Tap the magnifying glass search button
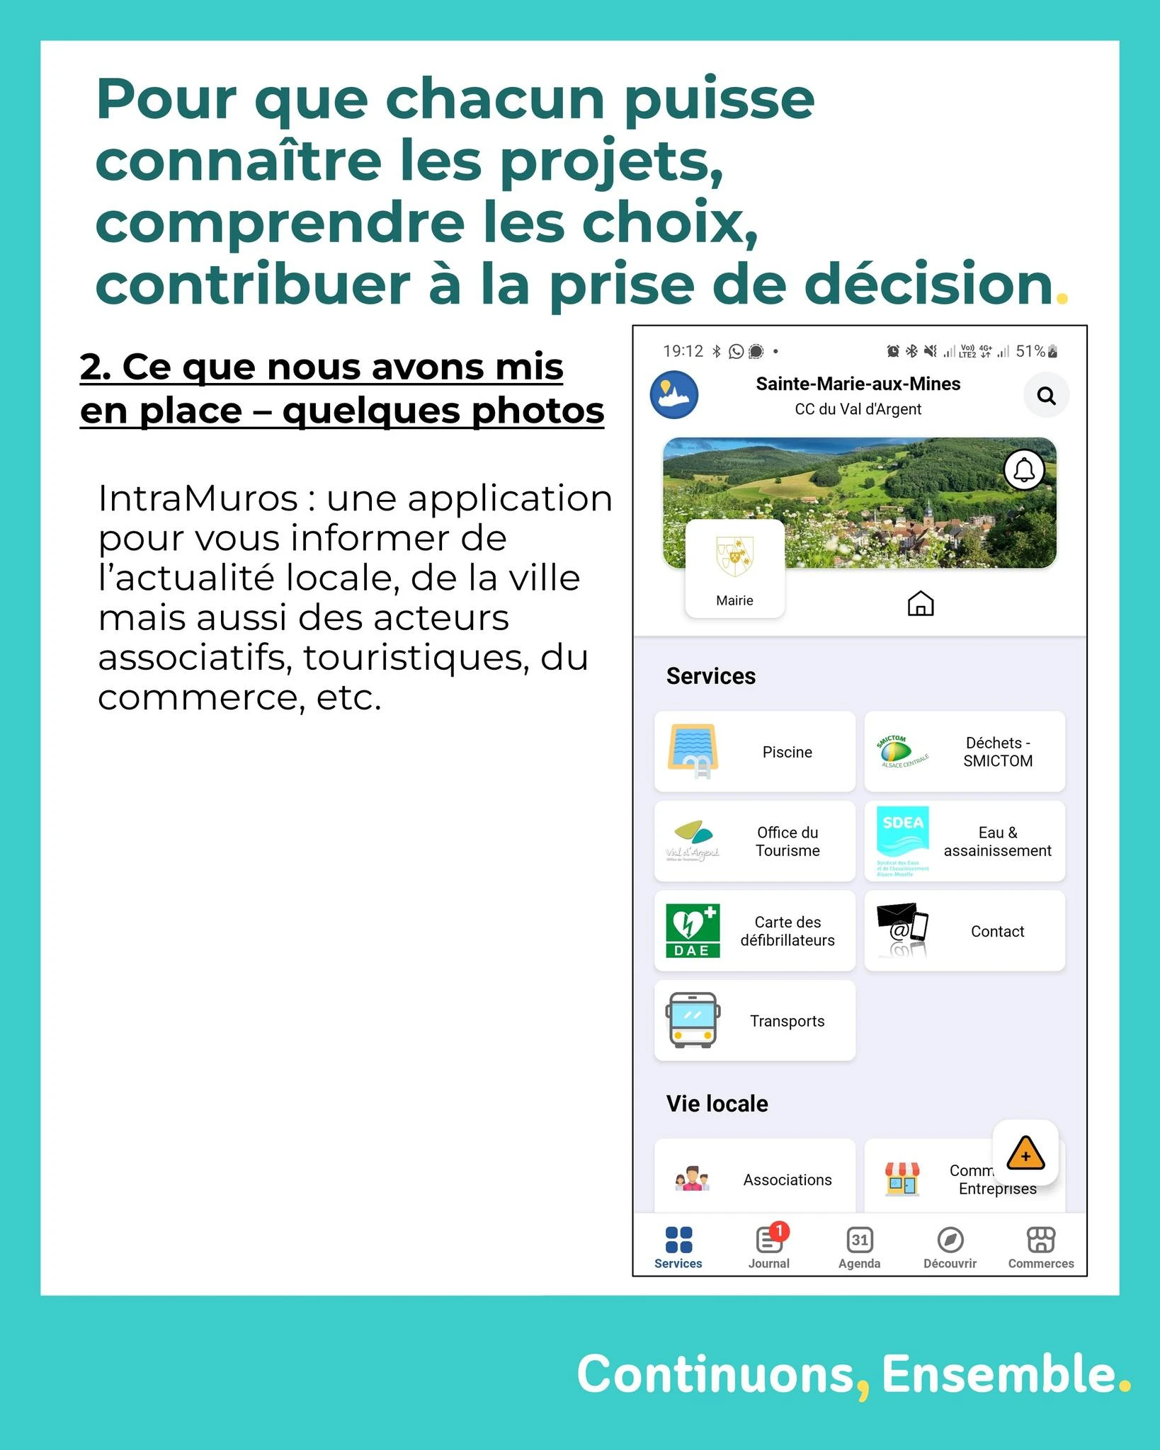point(1046,395)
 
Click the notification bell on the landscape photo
point(1024,469)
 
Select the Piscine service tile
point(755,751)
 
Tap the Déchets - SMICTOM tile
point(965,751)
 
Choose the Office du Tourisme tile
point(755,841)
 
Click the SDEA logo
point(902,840)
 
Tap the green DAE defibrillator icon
point(693,930)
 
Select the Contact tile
point(965,931)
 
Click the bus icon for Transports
point(693,1020)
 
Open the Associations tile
point(755,1179)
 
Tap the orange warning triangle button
point(1025,1153)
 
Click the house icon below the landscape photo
point(921,603)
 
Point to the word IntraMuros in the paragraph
point(198,498)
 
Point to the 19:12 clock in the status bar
point(683,351)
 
